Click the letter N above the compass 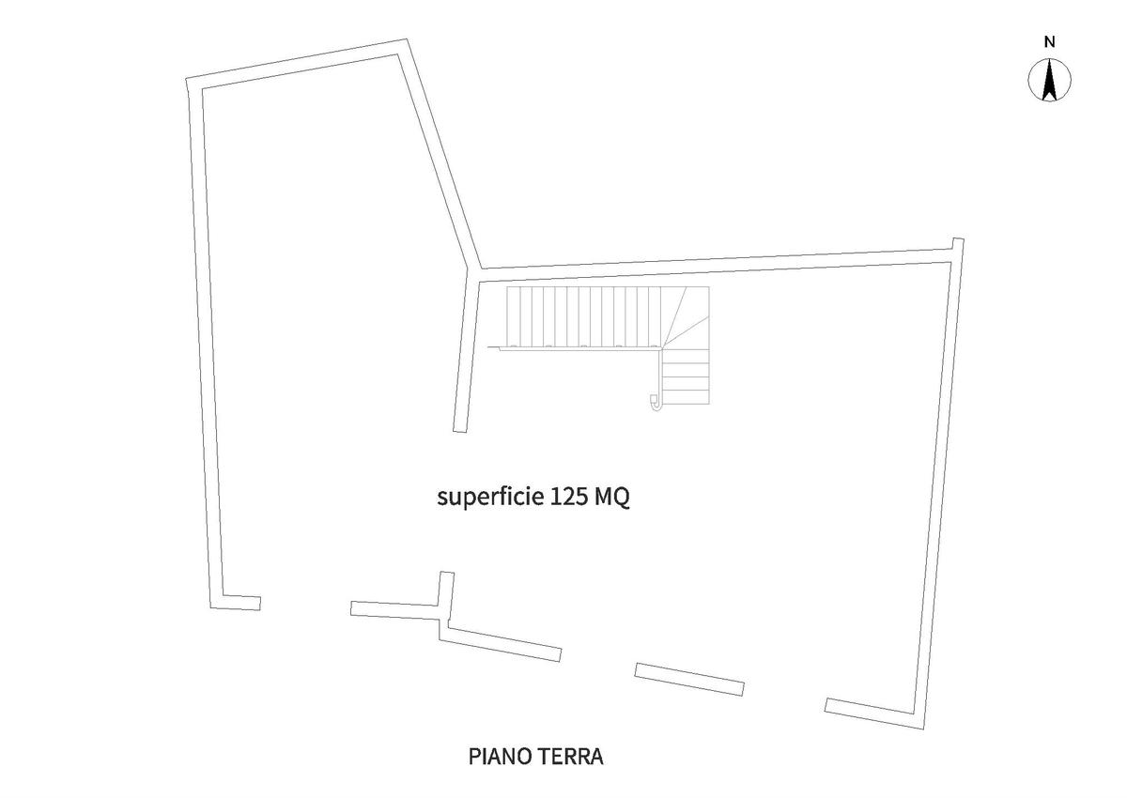click(x=1050, y=41)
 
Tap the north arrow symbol click(x=1051, y=80)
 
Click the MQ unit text click(x=611, y=497)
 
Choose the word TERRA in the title click(x=570, y=756)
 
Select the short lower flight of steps click(x=686, y=376)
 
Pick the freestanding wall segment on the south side click(x=689, y=679)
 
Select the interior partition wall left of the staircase click(x=466, y=357)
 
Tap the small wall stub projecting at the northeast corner click(x=958, y=246)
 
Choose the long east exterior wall click(x=939, y=488)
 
